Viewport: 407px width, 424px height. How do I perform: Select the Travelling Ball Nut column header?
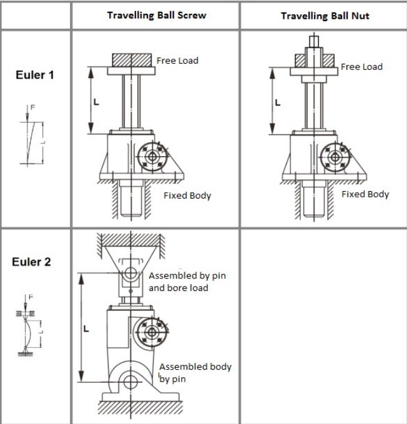(325, 15)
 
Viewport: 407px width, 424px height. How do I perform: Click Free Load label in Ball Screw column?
(177, 61)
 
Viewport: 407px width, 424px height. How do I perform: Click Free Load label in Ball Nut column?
(361, 66)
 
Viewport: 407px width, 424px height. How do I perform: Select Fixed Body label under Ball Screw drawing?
(187, 195)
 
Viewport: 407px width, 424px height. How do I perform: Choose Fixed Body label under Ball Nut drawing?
(365, 194)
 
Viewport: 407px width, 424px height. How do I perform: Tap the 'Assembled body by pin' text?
(195, 372)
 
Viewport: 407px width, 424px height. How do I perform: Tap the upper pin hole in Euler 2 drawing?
(130, 274)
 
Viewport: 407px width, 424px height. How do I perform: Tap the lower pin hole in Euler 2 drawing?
(130, 382)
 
